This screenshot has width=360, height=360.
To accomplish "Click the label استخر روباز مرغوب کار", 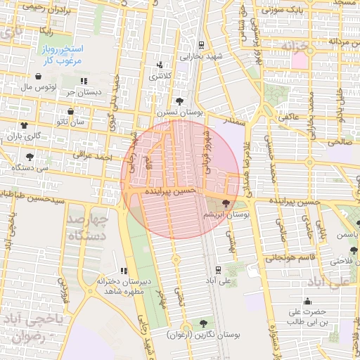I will pyautogui.click(x=79, y=56).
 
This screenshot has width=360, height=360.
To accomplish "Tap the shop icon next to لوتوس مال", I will pyautogui.click(x=37, y=76).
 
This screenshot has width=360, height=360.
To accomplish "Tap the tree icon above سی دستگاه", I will pyautogui.click(x=29, y=157).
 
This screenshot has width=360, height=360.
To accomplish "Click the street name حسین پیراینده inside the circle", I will pyautogui.click(x=167, y=191).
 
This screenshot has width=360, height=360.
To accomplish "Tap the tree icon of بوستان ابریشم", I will pyautogui.click(x=225, y=202).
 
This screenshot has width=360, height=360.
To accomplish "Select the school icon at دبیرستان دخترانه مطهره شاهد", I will pyautogui.click(x=124, y=271).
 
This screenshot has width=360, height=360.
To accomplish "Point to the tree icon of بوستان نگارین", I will pyautogui.click(x=203, y=324).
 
